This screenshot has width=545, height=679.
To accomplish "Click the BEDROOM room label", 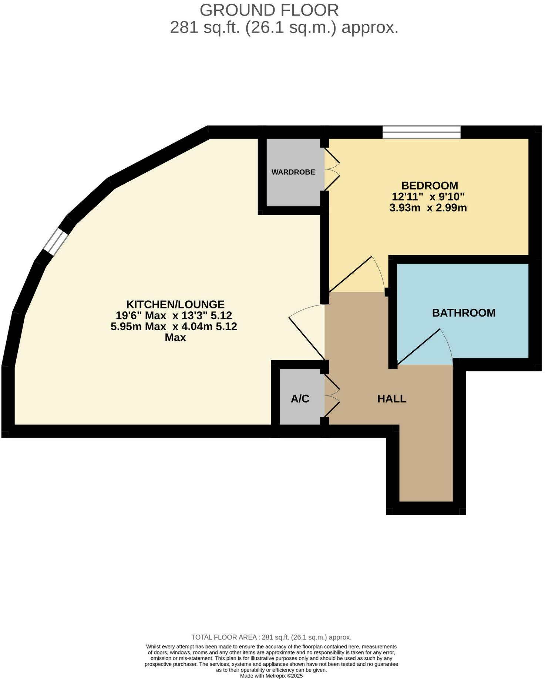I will [430, 185].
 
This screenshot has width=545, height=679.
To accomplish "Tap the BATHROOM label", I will [464, 313].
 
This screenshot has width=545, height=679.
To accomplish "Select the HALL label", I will [392, 399].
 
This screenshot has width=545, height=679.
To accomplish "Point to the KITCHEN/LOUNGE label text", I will [175, 304].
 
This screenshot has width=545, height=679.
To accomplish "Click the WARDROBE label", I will [293, 172].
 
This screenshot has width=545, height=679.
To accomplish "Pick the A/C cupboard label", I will [300, 399].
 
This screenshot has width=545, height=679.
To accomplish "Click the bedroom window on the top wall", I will [421, 132].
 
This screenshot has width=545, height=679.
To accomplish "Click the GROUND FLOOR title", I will [269, 10].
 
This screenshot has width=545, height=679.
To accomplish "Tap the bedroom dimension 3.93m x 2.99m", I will [428, 208].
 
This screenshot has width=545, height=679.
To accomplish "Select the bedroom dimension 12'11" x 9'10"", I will [428, 196].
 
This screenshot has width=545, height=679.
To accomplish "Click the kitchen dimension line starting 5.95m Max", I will [174, 327].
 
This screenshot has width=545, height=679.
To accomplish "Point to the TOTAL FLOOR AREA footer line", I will [271, 637].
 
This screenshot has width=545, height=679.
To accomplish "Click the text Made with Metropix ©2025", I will [271, 675].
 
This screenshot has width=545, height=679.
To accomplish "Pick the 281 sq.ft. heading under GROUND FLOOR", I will [284, 27].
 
